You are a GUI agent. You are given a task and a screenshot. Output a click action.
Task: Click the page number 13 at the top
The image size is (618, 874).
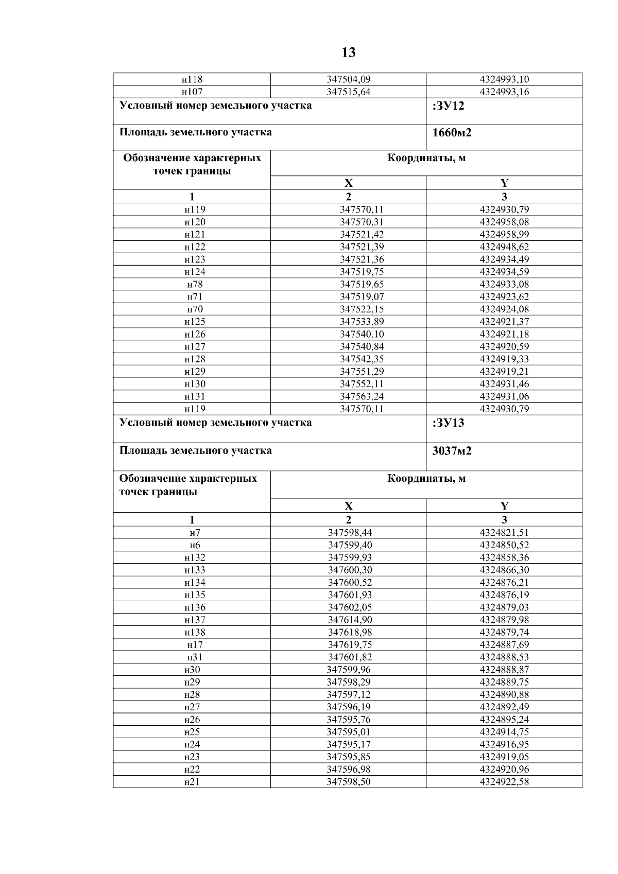pyautogui.click(x=349, y=53)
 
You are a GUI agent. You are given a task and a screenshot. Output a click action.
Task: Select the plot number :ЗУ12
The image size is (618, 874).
pyautogui.click(x=449, y=107)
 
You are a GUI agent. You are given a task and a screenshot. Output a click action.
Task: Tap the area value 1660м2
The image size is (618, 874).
pyautogui.click(x=452, y=133)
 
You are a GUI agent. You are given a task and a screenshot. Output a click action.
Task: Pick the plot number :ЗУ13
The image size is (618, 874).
pyautogui.click(x=449, y=423)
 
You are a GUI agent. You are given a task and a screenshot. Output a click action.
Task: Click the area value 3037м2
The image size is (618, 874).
pyautogui.click(x=452, y=451)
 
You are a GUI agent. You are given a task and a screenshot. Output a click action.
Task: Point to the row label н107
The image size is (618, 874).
pyautogui.click(x=192, y=92)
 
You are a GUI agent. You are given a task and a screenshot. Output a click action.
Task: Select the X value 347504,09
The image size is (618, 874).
pyautogui.click(x=349, y=80)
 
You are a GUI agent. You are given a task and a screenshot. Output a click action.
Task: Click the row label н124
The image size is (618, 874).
pyautogui.click(x=195, y=272)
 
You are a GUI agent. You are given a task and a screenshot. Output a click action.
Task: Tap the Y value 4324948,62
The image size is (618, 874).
pyautogui.click(x=504, y=247)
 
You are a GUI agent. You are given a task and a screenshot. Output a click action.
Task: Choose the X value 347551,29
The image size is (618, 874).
pyautogui.click(x=362, y=372)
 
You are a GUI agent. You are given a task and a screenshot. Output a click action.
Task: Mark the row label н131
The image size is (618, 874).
pyautogui.click(x=195, y=396)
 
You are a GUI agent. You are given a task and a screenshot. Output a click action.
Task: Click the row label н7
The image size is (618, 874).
pyautogui.click(x=195, y=533)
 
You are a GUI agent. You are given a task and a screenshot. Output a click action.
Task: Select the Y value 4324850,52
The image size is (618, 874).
pyautogui.click(x=504, y=545)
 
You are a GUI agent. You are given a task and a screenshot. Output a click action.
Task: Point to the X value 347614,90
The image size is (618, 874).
pyautogui.click(x=350, y=620)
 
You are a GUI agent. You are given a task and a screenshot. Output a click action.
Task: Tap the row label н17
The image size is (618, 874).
pyautogui.click(x=195, y=645)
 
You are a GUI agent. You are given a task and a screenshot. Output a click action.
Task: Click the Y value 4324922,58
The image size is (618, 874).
pyautogui.click(x=504, y=782)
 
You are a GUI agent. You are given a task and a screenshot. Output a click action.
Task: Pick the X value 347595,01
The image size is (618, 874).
pyautogui.click(x=349, y=732)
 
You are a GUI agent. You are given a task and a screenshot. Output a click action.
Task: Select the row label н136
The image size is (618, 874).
pyautogui.click(x=195, y=607)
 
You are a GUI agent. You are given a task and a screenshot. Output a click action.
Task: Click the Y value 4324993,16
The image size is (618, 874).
pyautogui.click(x=504, y=92)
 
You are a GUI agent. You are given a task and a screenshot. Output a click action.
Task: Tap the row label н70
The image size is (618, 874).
pyautogui.click(x=195, y=309)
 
